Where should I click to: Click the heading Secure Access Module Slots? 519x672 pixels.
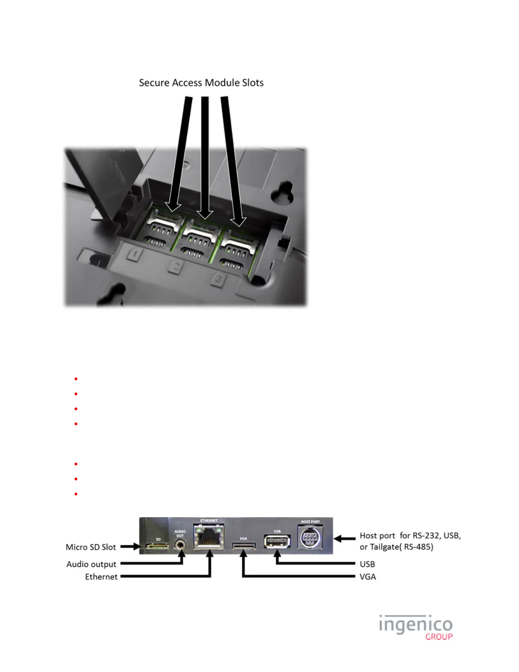pos(201,83)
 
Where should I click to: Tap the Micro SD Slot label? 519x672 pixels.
pos(91,547)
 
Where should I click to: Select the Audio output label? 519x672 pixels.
pos(91,564)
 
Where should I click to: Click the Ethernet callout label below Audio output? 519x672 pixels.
pos(101,577)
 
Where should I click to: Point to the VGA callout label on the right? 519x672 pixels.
pos(368,577)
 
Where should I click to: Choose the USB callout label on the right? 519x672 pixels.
pos(367,564)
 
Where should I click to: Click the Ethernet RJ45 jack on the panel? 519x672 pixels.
pos(209,537)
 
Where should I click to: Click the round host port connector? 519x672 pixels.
pos(310,539)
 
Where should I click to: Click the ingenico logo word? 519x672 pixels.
pos(416,625)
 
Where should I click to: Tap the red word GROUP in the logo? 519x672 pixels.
pos(439,637)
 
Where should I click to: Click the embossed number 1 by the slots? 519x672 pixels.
pos(135,254)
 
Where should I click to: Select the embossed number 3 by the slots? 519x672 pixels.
pos(219,280)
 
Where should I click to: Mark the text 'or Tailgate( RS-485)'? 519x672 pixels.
pos(396,547)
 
